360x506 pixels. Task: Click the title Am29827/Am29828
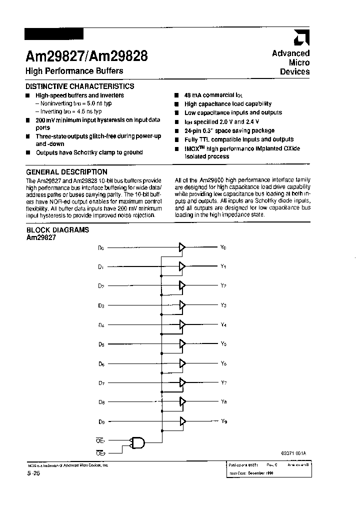pyautogui.click(x=86, y=55)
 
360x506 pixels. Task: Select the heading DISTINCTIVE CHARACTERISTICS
pyautogui.click(x=79, y=86)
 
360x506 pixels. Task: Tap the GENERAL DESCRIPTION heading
pyautogui.click(x=66, y=172)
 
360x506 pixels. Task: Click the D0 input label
pyautogui.click(x=101, y=247)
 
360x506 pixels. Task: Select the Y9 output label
pyautogui.click(x=223, y=421)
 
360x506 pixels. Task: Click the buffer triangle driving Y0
pyautogui.click(x=182, y=247)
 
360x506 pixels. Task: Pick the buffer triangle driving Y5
pyautogui.click(x=182, y=344)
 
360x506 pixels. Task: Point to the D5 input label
pyautogui.click(x=101, y=344)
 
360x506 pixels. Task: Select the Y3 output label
pyautogui.click(x=223, y=305)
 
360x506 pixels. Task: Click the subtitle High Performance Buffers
pyautogui.click(x=74, y=71)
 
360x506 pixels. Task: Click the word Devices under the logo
pyautogui.click(x=294, y=72)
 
